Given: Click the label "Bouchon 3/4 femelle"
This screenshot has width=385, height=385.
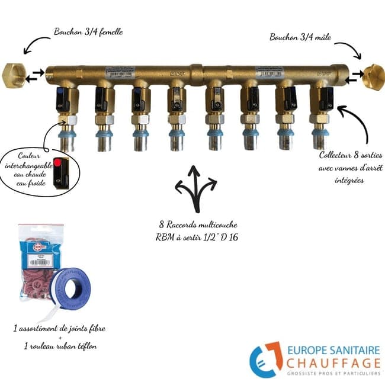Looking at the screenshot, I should pyautogui.click(x=88, y=31).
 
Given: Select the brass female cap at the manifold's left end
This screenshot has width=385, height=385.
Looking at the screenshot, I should pyautogui.click(x=12, y=75).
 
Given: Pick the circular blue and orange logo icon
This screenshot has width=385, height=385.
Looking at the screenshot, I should pyautogui.click(x=265, y=358).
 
